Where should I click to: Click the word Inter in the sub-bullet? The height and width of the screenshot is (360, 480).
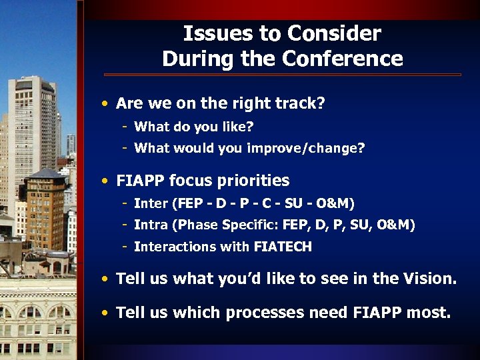coord(149,203)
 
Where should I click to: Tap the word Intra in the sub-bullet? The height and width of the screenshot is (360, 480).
coord(149,225)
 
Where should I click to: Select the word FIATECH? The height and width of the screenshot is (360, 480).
coord(283,247)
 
